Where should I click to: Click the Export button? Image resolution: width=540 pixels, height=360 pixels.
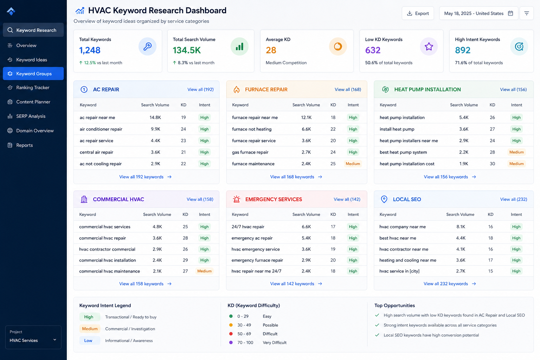point(418,13)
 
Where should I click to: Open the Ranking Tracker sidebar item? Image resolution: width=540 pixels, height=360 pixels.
point(33,88)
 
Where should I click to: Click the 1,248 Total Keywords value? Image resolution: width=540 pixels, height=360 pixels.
point(90,50)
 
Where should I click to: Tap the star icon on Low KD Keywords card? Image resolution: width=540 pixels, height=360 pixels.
point(429,46)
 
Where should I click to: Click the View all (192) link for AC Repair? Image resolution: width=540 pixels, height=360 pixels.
point(200,89)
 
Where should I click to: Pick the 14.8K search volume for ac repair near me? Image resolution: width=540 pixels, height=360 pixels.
point(155,117)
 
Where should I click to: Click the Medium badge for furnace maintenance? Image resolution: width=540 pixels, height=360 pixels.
point(353,164)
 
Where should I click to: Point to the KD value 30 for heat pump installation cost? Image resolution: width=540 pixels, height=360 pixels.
point(492,164)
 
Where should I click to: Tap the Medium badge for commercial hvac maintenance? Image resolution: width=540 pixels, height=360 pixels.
point(204,271)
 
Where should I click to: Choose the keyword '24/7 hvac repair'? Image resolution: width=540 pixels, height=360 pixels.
point(248,227)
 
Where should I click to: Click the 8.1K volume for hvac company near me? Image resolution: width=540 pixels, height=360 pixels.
point(461,227)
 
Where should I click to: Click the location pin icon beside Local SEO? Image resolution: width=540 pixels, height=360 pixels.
point(384,199)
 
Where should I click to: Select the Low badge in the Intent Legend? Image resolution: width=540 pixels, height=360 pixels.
point(88,340)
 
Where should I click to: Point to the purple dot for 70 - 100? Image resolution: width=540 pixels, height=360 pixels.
point(231,342)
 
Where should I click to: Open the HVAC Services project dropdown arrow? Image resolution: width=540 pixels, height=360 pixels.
point(55,340)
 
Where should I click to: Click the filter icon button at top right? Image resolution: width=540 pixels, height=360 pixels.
point(527,13)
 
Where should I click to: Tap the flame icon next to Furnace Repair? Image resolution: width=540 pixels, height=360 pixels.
point(237,89)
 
